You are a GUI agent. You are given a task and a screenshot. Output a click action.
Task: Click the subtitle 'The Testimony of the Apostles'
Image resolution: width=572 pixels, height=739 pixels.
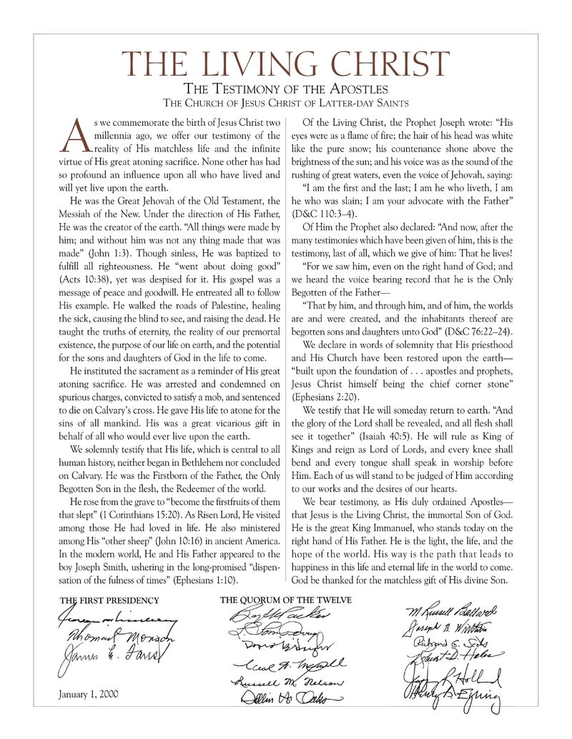coord(286,89)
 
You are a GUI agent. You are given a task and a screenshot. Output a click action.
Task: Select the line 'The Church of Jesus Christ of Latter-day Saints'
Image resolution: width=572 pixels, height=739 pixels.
coord(286,103)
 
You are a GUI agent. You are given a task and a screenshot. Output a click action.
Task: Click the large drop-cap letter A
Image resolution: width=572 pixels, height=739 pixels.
coord(74,136)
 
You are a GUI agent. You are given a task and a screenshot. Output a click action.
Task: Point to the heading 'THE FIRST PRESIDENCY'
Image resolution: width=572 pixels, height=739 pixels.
coord(109,600)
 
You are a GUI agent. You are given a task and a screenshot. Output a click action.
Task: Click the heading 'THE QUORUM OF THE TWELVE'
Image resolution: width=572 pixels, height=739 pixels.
coord(285,600)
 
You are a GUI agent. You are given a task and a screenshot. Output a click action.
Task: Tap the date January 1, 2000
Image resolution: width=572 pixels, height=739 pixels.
coord(89,693)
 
